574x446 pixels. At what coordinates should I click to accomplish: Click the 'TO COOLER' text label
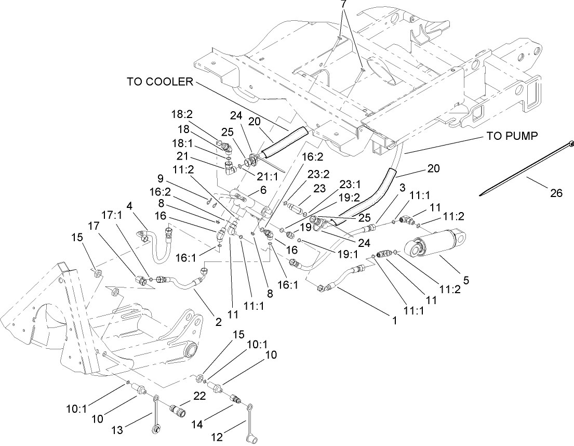(159, 82)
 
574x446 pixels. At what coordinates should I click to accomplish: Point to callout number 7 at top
(343, 4)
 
